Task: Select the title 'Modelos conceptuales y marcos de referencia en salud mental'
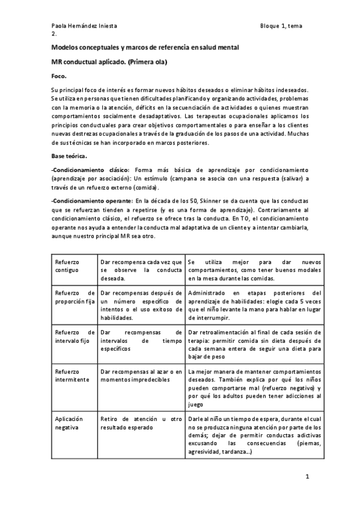point(145,47)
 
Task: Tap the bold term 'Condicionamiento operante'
point(92,200)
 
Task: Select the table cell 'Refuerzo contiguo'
point(67,266)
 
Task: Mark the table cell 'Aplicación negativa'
point(69,422)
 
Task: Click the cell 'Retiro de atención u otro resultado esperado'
point(141,422)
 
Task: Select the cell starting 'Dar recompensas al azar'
point(141,376)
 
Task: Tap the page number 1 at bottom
point(307,477)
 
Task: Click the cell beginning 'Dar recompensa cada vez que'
point(141,270)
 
